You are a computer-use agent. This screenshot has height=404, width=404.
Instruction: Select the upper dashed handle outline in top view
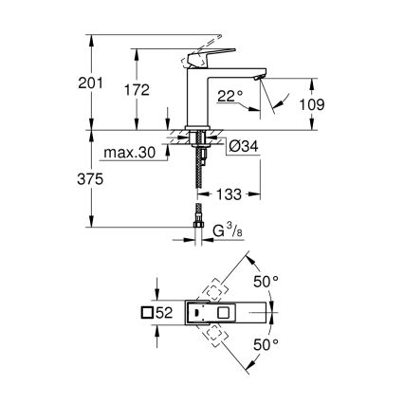213,287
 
